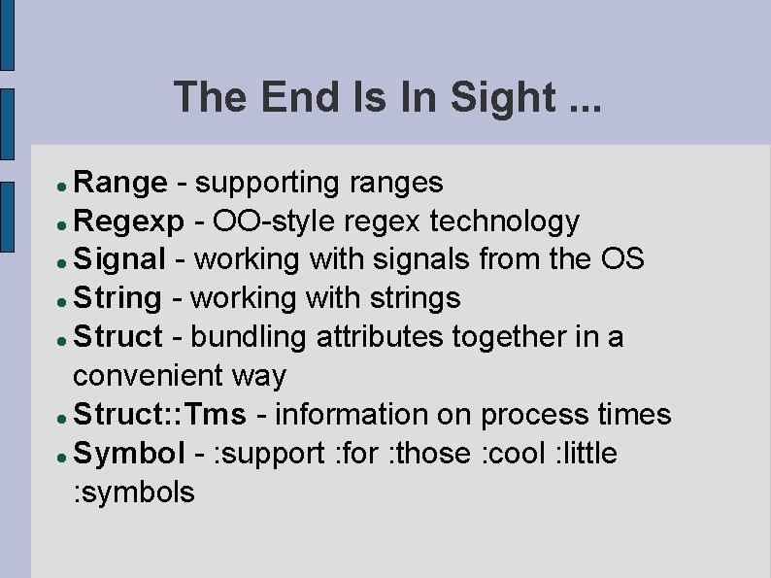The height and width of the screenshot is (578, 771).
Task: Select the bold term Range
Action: point(121,183)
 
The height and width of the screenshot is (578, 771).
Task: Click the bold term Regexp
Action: point(128,222)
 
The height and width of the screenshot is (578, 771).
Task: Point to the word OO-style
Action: point(274,222)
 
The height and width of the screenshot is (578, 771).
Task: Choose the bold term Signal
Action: point(120,260)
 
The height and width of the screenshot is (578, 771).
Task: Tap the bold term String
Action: point(117,298)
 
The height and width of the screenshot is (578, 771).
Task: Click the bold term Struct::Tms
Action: point(160,415)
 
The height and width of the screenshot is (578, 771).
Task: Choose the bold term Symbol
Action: point(129,454)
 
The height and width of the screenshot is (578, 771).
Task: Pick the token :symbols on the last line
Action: point(134,493)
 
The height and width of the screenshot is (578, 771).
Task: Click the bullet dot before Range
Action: point(60,185)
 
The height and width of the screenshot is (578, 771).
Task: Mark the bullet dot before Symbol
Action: point(60,456)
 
